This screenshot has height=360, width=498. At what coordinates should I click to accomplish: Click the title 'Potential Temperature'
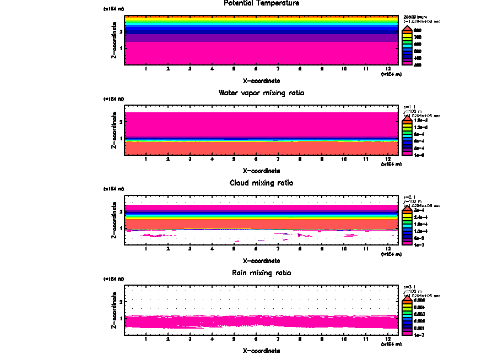pyautogui.click(x=262, y=3)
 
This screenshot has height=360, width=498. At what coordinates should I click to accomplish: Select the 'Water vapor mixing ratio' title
pyautogui.click(x=262, y=93)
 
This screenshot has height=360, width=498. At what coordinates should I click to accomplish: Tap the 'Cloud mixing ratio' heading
pyautogui.click(x=262, y=183)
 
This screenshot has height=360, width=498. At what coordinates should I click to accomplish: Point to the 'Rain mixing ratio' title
pyautogui.click(x=262, y=273)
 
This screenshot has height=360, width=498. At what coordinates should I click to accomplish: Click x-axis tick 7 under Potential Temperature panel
pyautogui.click(x=278, y=69)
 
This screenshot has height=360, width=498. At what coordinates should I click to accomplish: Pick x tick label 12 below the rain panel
pyautogui.click(x=388, y=339)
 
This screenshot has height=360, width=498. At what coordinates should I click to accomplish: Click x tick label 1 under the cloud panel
pyautogui.click(x=145, y=249)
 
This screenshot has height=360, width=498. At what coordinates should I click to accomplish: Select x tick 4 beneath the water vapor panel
pyautogui.click(x=212, y=160)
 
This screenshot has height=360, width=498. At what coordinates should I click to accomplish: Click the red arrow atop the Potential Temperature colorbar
pyautogui.click(x=407, y=29)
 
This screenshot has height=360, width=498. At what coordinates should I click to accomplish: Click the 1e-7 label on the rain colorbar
pyautogui.click(x=418, y=334)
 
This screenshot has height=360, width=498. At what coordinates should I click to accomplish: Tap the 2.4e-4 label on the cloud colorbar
pyautogui.click(x=419, y=217)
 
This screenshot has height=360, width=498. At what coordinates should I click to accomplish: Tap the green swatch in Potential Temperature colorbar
pyautogui.click(x=407, y=43)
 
